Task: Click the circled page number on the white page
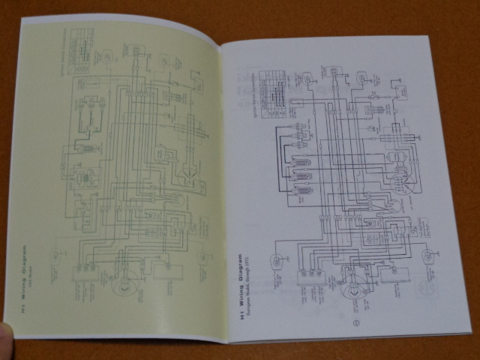pos(355,324)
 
